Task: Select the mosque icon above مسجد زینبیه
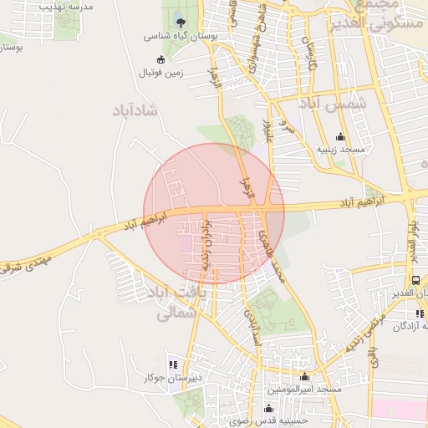coord(339,137)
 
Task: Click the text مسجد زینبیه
coord(339,150)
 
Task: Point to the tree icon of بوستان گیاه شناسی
coord(181,22)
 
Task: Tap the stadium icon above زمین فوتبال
coord(161,59)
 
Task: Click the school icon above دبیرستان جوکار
coord(174,364)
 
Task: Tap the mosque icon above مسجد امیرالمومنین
coord(304,376)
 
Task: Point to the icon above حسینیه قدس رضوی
coord(267,409)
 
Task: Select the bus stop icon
coord(415,280)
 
